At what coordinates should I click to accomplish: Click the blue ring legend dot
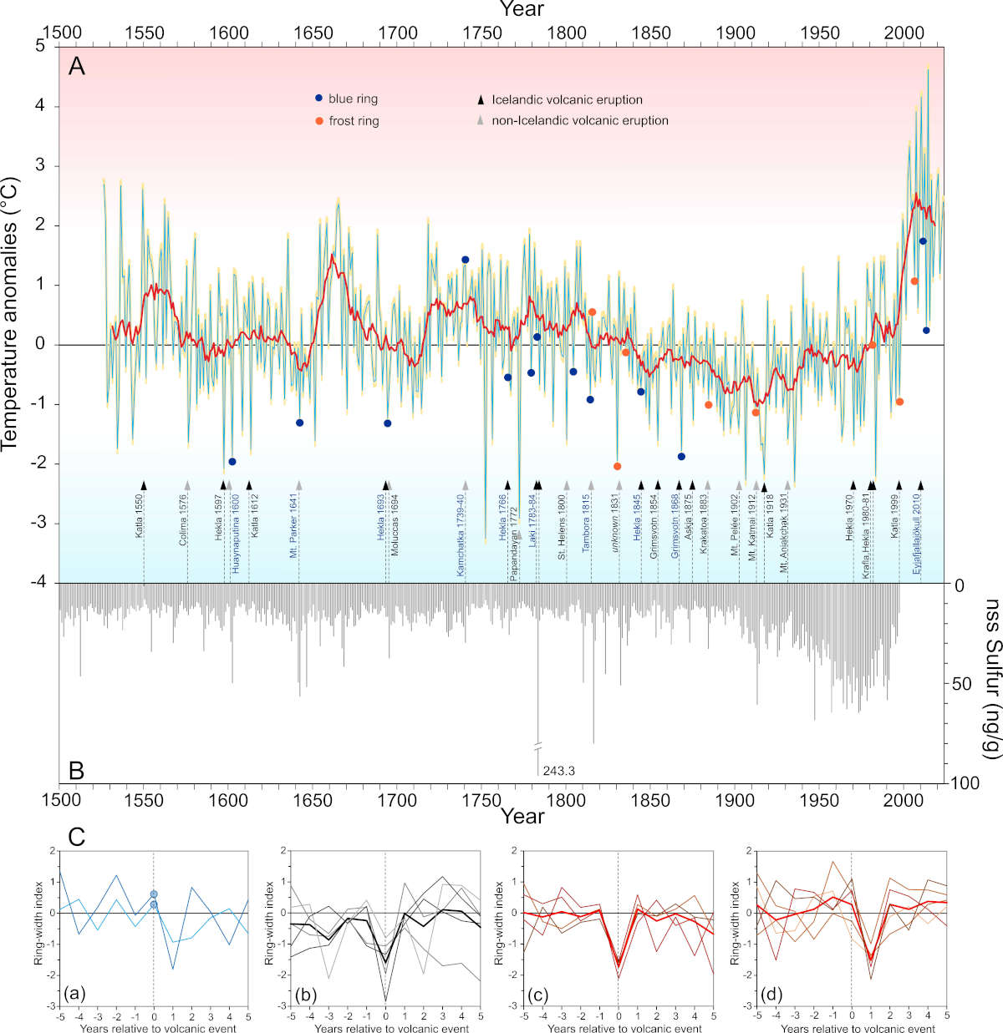[x=318, y=99]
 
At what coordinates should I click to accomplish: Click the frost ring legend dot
[x=318, y=121]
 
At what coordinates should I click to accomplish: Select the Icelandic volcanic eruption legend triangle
[x=481, y=99]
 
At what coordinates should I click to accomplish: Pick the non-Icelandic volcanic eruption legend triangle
[x=481, y=121]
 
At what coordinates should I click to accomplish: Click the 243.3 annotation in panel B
[x=558, y=771]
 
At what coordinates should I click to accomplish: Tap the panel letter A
[x=77, y=66]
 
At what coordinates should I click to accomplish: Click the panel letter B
[x=76, y=770]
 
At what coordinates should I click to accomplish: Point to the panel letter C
[x=76, y=836]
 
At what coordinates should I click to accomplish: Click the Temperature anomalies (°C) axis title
[x=11, y=313]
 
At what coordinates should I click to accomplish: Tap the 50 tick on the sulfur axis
[x=961, y=684]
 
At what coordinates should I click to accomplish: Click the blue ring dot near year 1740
[x=466, y=260]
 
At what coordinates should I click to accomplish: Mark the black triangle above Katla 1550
[x=144, y=485]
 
